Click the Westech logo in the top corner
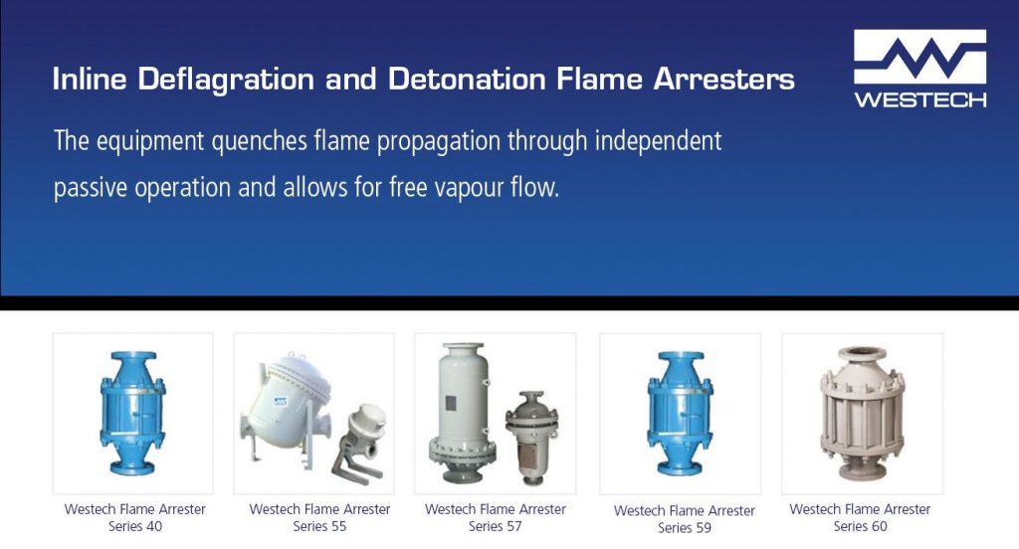click(x=919, y=69)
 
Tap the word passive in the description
click(x=93, y=187)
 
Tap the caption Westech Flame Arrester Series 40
click(x=134, y=517)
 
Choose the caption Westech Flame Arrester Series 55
click(x=319, y=517)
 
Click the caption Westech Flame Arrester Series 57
click(x=495, y=517)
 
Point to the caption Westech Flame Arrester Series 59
click(x=684, y=519)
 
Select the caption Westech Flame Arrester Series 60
click(x=860, y=517)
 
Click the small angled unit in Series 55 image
click(x=355, y=436)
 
